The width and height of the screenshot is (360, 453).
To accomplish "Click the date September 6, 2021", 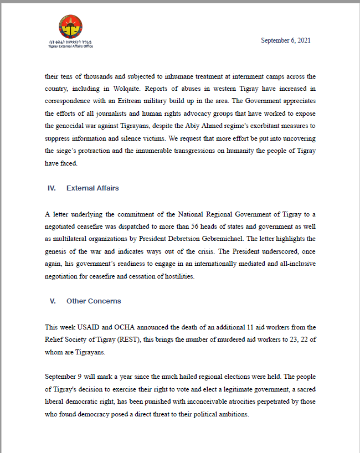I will coord(285,40).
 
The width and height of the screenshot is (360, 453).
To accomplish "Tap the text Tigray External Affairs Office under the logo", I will coord(70,46).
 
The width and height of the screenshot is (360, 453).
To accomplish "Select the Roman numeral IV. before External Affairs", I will coord(52,188).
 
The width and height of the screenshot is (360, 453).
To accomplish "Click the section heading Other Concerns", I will coord(94,301).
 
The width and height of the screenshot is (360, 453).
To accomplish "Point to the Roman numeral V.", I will coord(53,301).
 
